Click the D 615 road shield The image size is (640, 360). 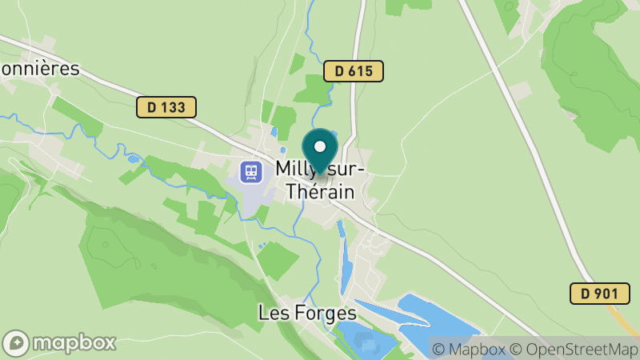click(354, 71)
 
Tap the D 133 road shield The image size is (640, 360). click(166, 107)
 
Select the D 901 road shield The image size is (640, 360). click(594, 294)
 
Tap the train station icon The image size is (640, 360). click(251, 171)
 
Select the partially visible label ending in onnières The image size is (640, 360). click(40, 68)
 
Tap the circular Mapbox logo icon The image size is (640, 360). click(16, 342)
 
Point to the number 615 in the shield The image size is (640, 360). click(361, 71)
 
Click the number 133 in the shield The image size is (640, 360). click(173, 107)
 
